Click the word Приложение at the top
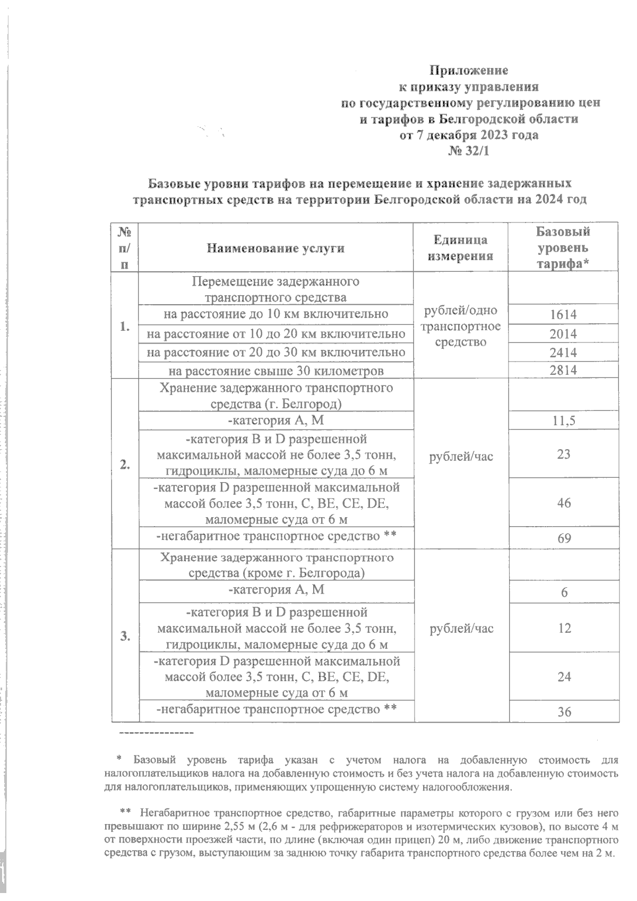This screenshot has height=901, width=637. [469, 70]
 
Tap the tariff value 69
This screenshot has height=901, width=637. [564, 538]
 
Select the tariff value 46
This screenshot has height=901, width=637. [564, 503]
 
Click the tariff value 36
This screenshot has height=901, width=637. [564, 713]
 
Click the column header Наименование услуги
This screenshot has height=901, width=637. [276, 248]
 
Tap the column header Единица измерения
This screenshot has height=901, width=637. [460, 248]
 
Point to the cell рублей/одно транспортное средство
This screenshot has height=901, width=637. [460, 326]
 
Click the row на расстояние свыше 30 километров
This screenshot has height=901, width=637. [276, 371]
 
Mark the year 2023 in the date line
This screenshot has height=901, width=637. [489, 135]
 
